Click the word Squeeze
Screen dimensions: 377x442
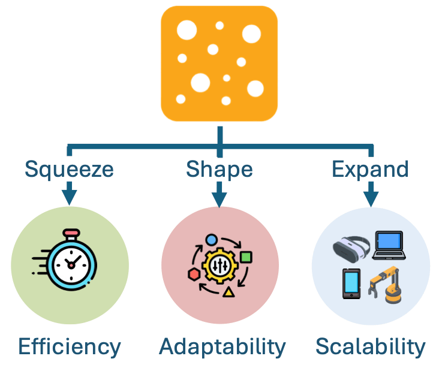point(69,169)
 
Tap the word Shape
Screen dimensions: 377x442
point(219,169)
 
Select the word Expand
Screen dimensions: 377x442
point(370,169)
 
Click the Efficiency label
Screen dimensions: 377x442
point(70,346)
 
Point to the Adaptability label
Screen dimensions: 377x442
point(222,346)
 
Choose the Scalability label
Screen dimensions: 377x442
point(371,346)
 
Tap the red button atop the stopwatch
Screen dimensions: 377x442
point(71,232)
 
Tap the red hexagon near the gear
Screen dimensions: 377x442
point(194,274)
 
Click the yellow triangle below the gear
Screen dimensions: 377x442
point(228,292)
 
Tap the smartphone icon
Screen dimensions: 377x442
point(351,283)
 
